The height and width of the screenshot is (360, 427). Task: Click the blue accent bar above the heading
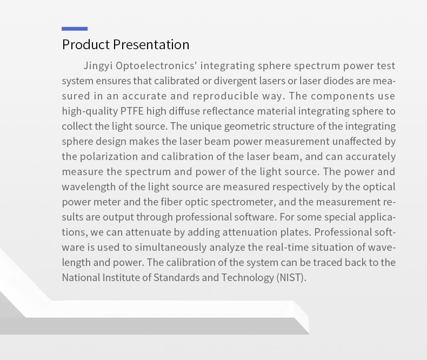[x=75, y=29]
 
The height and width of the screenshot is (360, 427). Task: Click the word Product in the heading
[x=86, y=44]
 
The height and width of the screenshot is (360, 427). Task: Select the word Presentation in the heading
[x=151, y=44]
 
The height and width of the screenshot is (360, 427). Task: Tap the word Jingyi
[x=98, y=66]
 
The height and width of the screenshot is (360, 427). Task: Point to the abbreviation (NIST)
[x=291, y=278]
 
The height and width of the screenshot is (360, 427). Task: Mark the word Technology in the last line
[x=248, y=278]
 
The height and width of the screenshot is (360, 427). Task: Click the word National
[x=81, y=277]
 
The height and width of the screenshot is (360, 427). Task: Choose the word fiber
[x=171, y=202]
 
